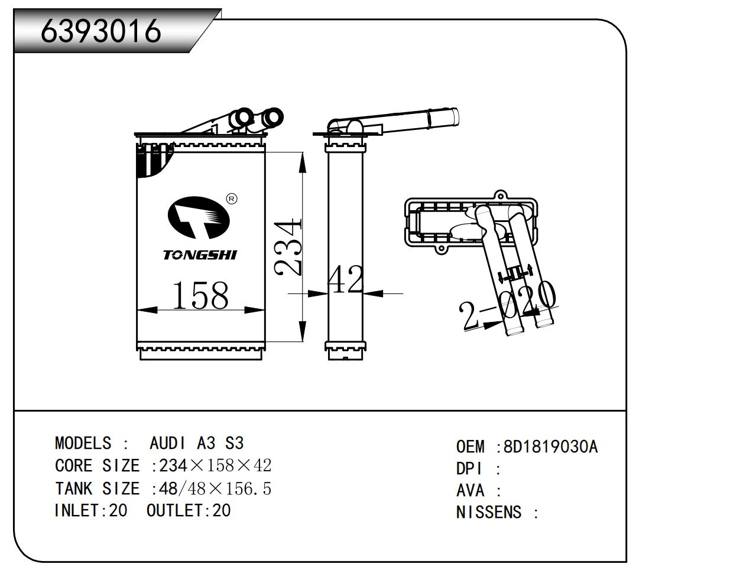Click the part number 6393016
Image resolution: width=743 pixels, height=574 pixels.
click(x=101, y=30)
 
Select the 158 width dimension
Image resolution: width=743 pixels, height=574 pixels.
click(x=200, y=295)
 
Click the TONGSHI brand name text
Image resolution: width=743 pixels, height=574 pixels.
click(x=200, y=255)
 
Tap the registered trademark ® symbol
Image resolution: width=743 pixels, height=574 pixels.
click(x=232, y=199)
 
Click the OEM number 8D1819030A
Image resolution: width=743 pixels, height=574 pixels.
click(x=550, y=447)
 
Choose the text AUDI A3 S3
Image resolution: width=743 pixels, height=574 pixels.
click(x=196, y=443)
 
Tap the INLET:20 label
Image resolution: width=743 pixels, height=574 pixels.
click(x=90, y=510)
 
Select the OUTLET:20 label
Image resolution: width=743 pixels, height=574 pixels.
click(x=188, y=510)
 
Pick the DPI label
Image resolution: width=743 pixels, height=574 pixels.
click(x=470, y=469)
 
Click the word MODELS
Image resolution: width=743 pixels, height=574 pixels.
click(x=83, y=443)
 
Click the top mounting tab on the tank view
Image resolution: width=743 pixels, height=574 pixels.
click(x=501, y=195)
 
